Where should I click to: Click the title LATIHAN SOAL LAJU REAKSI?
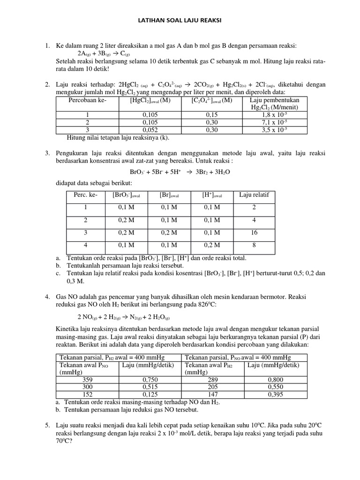[180, 21]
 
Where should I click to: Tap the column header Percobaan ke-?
[87, 100]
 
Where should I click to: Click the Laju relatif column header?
[254, 195]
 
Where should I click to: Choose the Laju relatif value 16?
[254, 232]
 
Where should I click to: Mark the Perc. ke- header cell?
[86, 195]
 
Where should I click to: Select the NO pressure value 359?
[87, 379]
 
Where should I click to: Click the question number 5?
[47, 425]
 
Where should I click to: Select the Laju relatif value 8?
[254, 245]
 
